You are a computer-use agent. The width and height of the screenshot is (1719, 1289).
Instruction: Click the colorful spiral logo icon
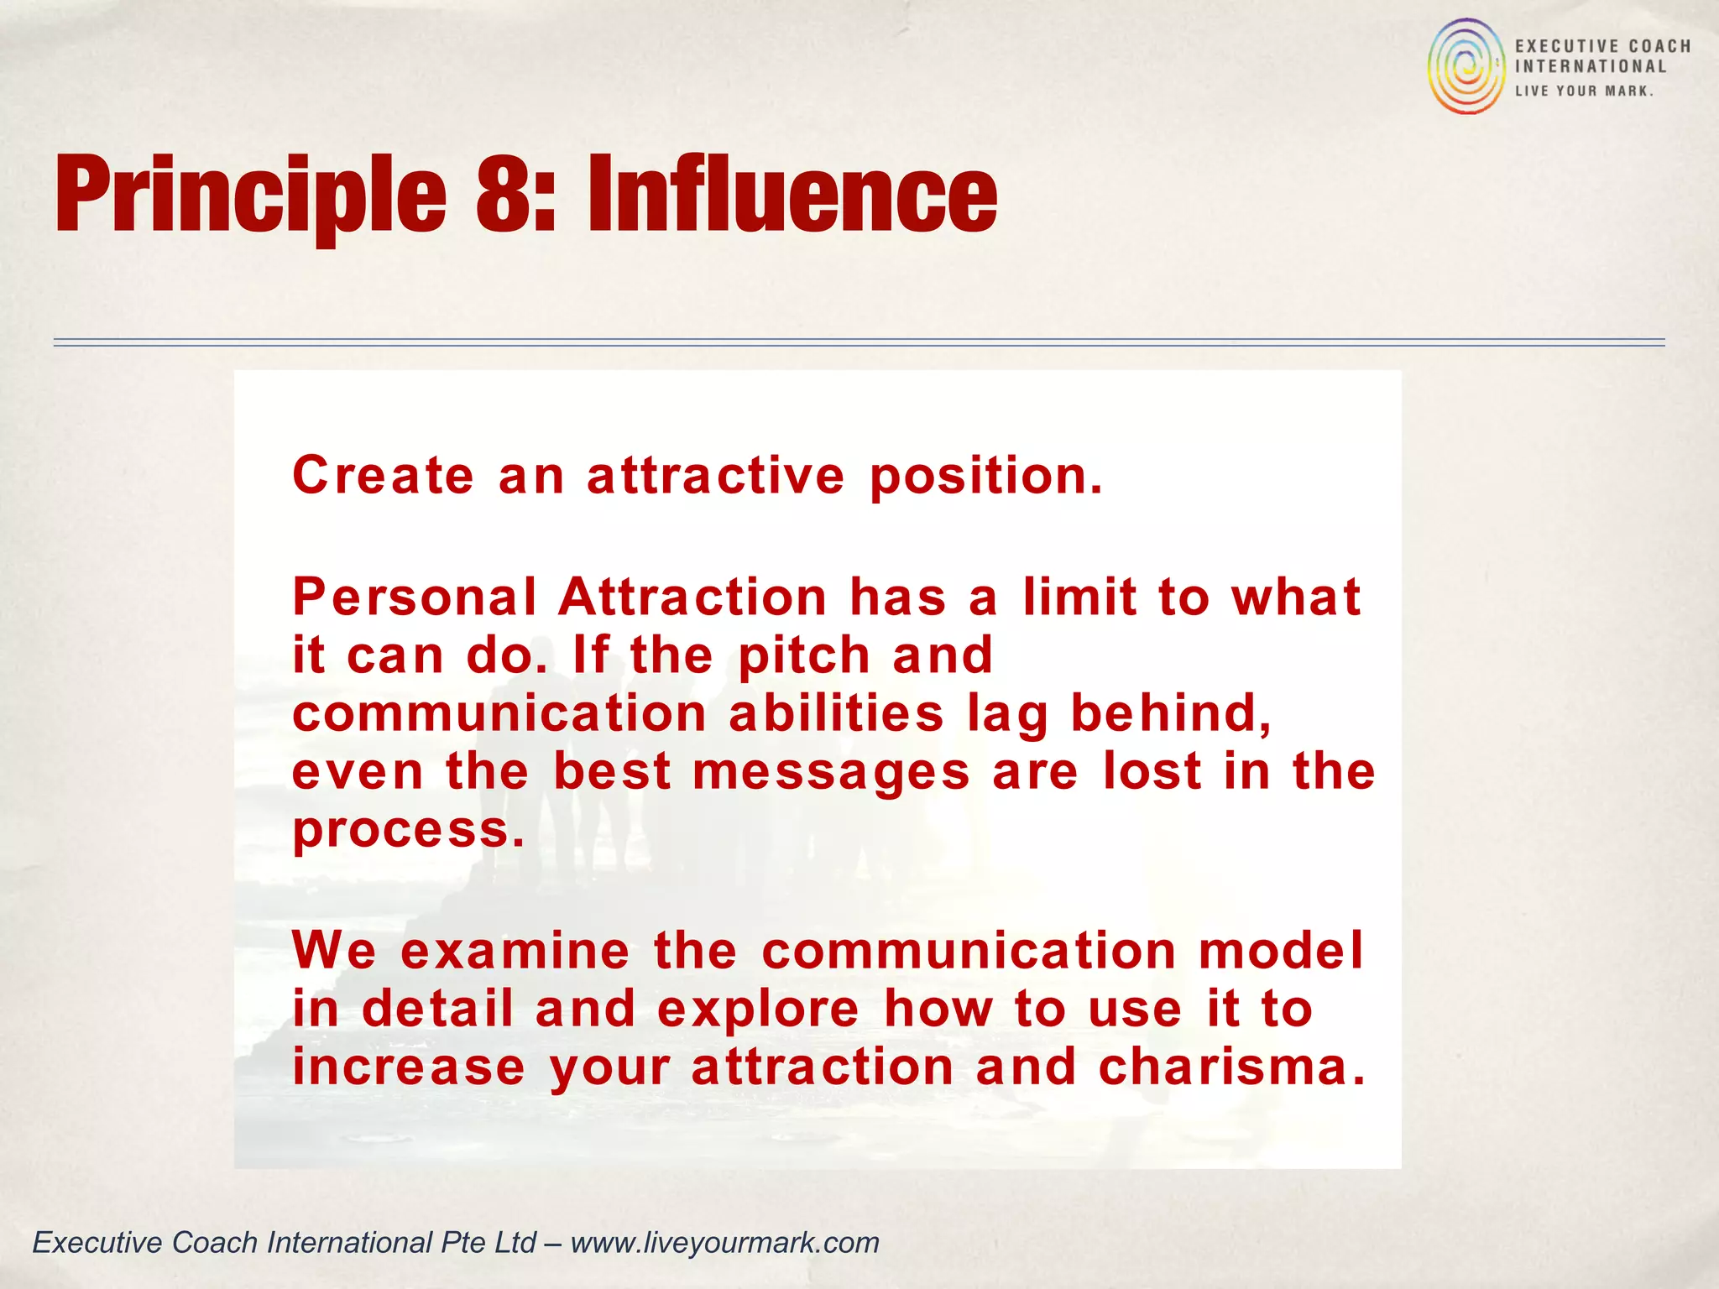click(1466, 66)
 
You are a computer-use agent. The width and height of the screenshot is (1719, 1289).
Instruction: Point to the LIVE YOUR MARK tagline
click(1584, 91)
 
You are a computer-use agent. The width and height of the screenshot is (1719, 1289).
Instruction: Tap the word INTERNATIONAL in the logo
click(1590, 67)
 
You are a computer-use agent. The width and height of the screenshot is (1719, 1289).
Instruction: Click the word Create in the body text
click(383, 476)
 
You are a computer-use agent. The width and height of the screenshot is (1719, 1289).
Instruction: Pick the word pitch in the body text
click(804, 656)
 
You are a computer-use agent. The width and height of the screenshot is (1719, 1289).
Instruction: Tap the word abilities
click(836, 714)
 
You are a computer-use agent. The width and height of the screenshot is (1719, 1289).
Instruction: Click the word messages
click(831, 773)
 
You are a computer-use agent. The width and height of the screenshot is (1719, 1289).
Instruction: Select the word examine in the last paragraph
click(515, 951)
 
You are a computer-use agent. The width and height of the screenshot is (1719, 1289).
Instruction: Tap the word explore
click(758, 1010)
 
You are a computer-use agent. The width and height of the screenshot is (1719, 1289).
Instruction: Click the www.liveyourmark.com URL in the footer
click(724, 1242)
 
